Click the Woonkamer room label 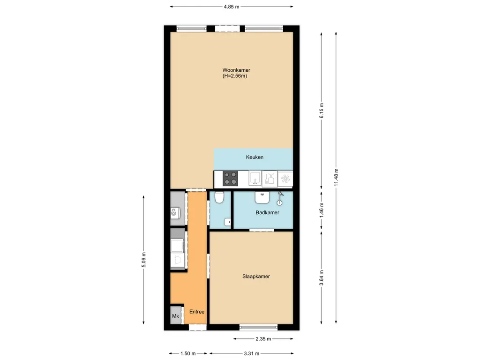[x=236, y=70]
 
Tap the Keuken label [x=255, y=157]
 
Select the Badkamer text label [x=267, y=213]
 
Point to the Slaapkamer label [x=255, y=277]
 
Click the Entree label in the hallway [x=196, y=312]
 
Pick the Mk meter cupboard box [x=176, y=315]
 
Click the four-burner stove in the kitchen [x=230, y=179]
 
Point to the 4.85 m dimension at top [x=231, y=7]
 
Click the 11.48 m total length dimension [x=336, y=177]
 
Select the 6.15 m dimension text [x=321, y=111]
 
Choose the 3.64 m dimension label [x=321, y=277]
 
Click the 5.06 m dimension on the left [x=143, y=260]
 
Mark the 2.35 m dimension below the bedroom [x=263, y=339]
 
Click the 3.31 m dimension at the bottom [x=251, y=354]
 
